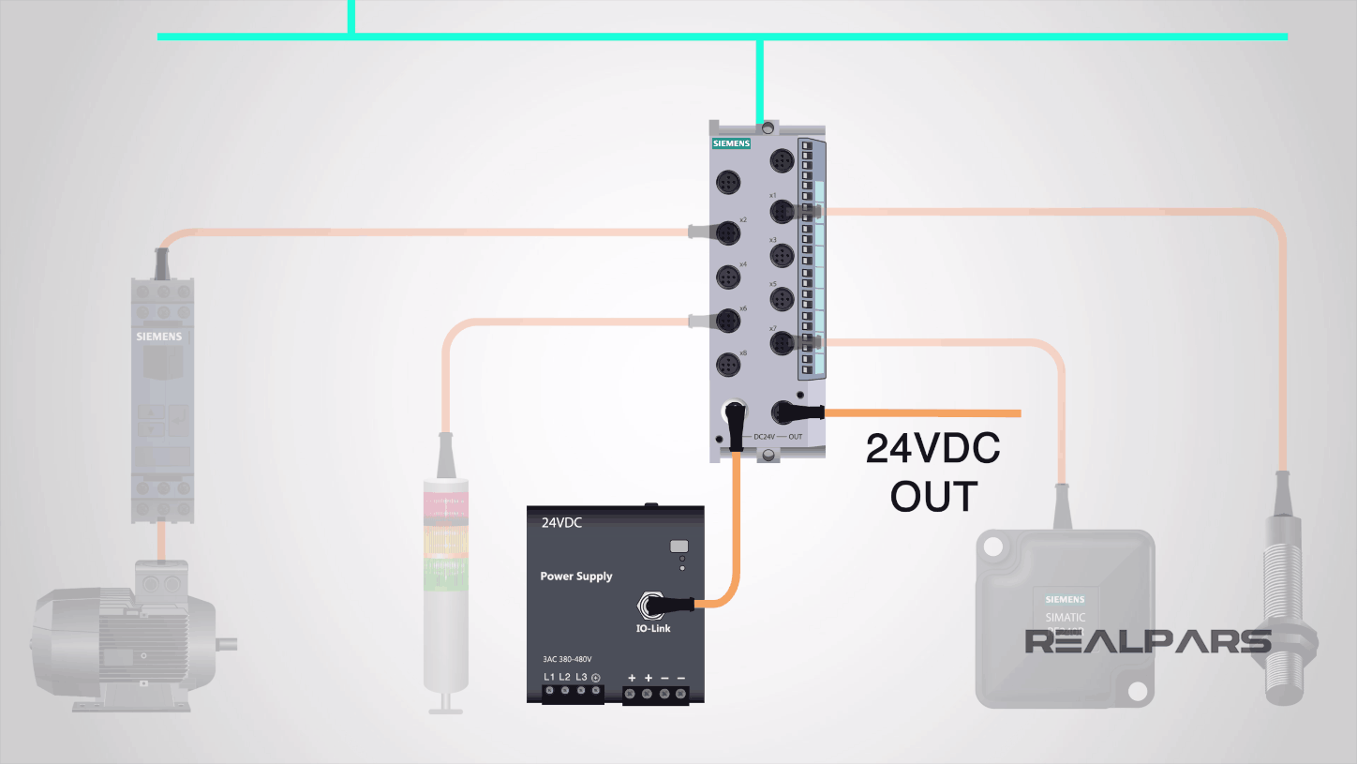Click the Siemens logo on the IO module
(x=732, y=144)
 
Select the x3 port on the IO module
(x=782, y=256)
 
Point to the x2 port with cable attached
(x=728, y=232)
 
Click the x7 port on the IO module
(x=782, y=344)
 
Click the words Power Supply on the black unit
(x=575, y=576)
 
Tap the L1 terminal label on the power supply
(x=549, y=677)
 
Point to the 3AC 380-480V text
(x=567, y=659)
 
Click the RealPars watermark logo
(x=1147, y=641)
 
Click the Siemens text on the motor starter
(x=159, y=336)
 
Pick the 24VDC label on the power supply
(x=561, y=523)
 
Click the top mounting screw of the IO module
(x=768, y=127)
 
